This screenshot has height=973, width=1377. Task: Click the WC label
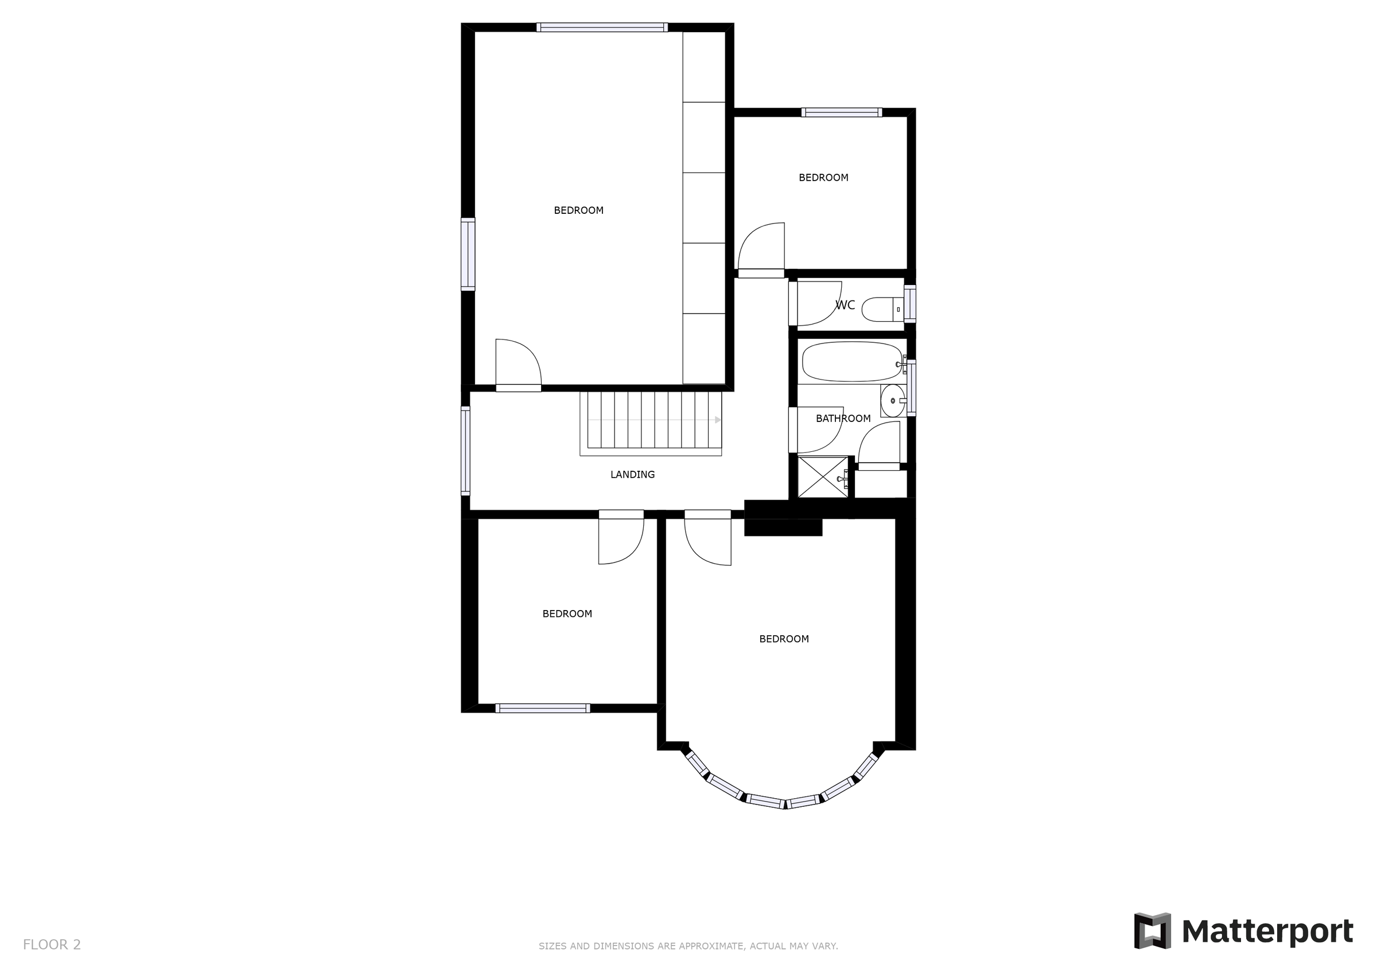pyautogui.click(x=845, y=305)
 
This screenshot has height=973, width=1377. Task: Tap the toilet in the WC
pyautogui.click(x=879, y=310)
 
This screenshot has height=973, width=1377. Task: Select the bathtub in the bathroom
pyautogui.click(x=851, y=361)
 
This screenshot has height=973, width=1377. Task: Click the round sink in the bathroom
pyautogui.click(x=892, y=400)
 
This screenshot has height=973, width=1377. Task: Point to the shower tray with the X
pyautogui.click(x=822, y=477)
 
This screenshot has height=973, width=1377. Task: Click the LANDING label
pyautogui.click(x=632, y=475)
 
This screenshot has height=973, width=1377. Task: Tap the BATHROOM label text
pyautogui.click(x=843, y=419)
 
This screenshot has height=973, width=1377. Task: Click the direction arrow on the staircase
pyautogui.click(x=717, y=420)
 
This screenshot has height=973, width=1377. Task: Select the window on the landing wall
pyautogui.click(x=465, y=451)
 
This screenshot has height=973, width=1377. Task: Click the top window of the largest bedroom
pyautogui.click(x=601, y=27)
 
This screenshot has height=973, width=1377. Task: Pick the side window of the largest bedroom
pyautogui.click(x=468, y=254)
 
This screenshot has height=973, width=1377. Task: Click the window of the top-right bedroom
pyautogui.click(x=842, y=112)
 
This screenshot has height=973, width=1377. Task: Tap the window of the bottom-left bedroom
pyautogui.click(x=543, y=708)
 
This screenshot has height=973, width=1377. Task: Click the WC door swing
pyautogui.click(x=817, y=303)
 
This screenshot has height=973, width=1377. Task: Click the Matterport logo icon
pyautogui.click(x=1152, y=931)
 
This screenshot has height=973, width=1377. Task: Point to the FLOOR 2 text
pyautogui.click(x=52, y=945)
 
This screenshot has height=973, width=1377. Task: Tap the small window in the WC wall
pyautogui.click(x=910, y=304)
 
